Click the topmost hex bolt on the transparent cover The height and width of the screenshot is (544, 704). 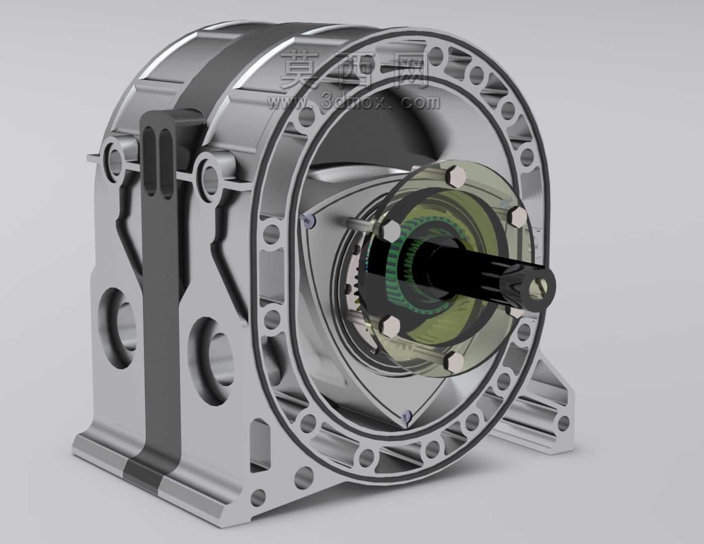[456, 177]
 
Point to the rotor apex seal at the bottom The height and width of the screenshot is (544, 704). [406, 417]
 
